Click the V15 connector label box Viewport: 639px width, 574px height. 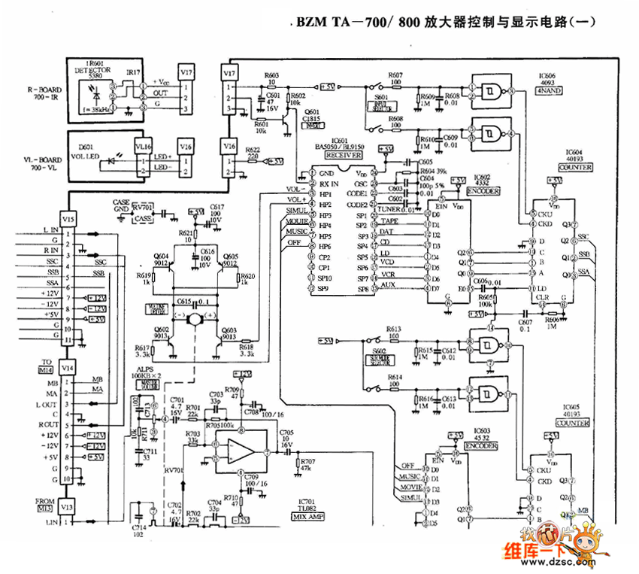[68, 219]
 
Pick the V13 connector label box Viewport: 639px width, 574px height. [68, 506]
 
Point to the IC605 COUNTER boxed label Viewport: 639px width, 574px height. [573, 423]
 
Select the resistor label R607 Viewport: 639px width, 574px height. [396, 74]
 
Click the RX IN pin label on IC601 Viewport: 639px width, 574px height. [329, 184]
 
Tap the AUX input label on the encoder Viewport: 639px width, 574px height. [389, 284]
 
